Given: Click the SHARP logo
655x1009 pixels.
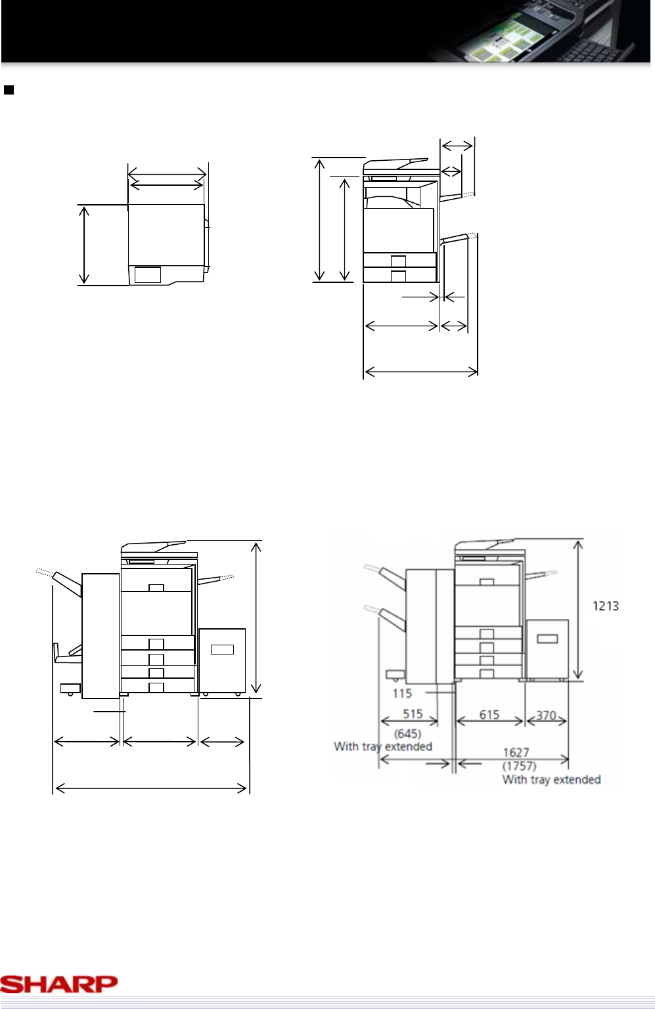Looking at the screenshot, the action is [x=59, y=984].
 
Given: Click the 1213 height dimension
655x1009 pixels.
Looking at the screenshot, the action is [x=606, y=606].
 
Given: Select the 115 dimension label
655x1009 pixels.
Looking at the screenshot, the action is [x=402, y=693].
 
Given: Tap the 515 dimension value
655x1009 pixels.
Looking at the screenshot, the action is [x=413, y=714].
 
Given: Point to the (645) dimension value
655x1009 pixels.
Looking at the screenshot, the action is [x=407, y=734].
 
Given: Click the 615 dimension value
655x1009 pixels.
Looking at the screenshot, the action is [x=489, y=715].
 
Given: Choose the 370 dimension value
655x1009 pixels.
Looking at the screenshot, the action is [x=546, y=715].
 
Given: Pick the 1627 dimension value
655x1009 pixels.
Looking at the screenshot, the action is [x=516, y=753].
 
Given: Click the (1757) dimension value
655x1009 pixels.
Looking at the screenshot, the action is [x=519, y=765].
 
